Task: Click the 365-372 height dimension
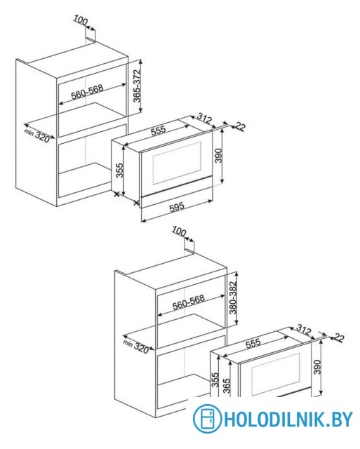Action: click(x=137, y=86)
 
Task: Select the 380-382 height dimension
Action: click(x=234, y=297)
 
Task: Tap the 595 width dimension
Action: click(x=177, y=207)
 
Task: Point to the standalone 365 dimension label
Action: click(x=226, y=386)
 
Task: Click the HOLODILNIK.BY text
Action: click(x=288, y=420)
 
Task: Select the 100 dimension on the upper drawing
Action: click(x=81, y=20)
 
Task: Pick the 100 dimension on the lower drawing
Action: click(x=179, y=232)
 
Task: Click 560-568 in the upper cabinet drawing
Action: click(x=87, y=92)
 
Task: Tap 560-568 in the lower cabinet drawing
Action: click(x=189, y=302)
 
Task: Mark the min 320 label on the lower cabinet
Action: click(x=136, y=347)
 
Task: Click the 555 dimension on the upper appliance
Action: click(x=159, y=130)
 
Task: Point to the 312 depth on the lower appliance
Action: click(x=304, y=329)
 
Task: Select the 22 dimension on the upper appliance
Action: click(x=240, y=126)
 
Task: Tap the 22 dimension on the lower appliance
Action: click(x=338, y=338)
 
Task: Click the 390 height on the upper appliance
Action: click(x=218, y=156)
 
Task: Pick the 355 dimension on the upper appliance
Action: click(x=119, y=170)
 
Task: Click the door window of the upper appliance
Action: click(x=176, y=163)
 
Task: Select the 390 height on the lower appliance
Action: click(x=318, y=367)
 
